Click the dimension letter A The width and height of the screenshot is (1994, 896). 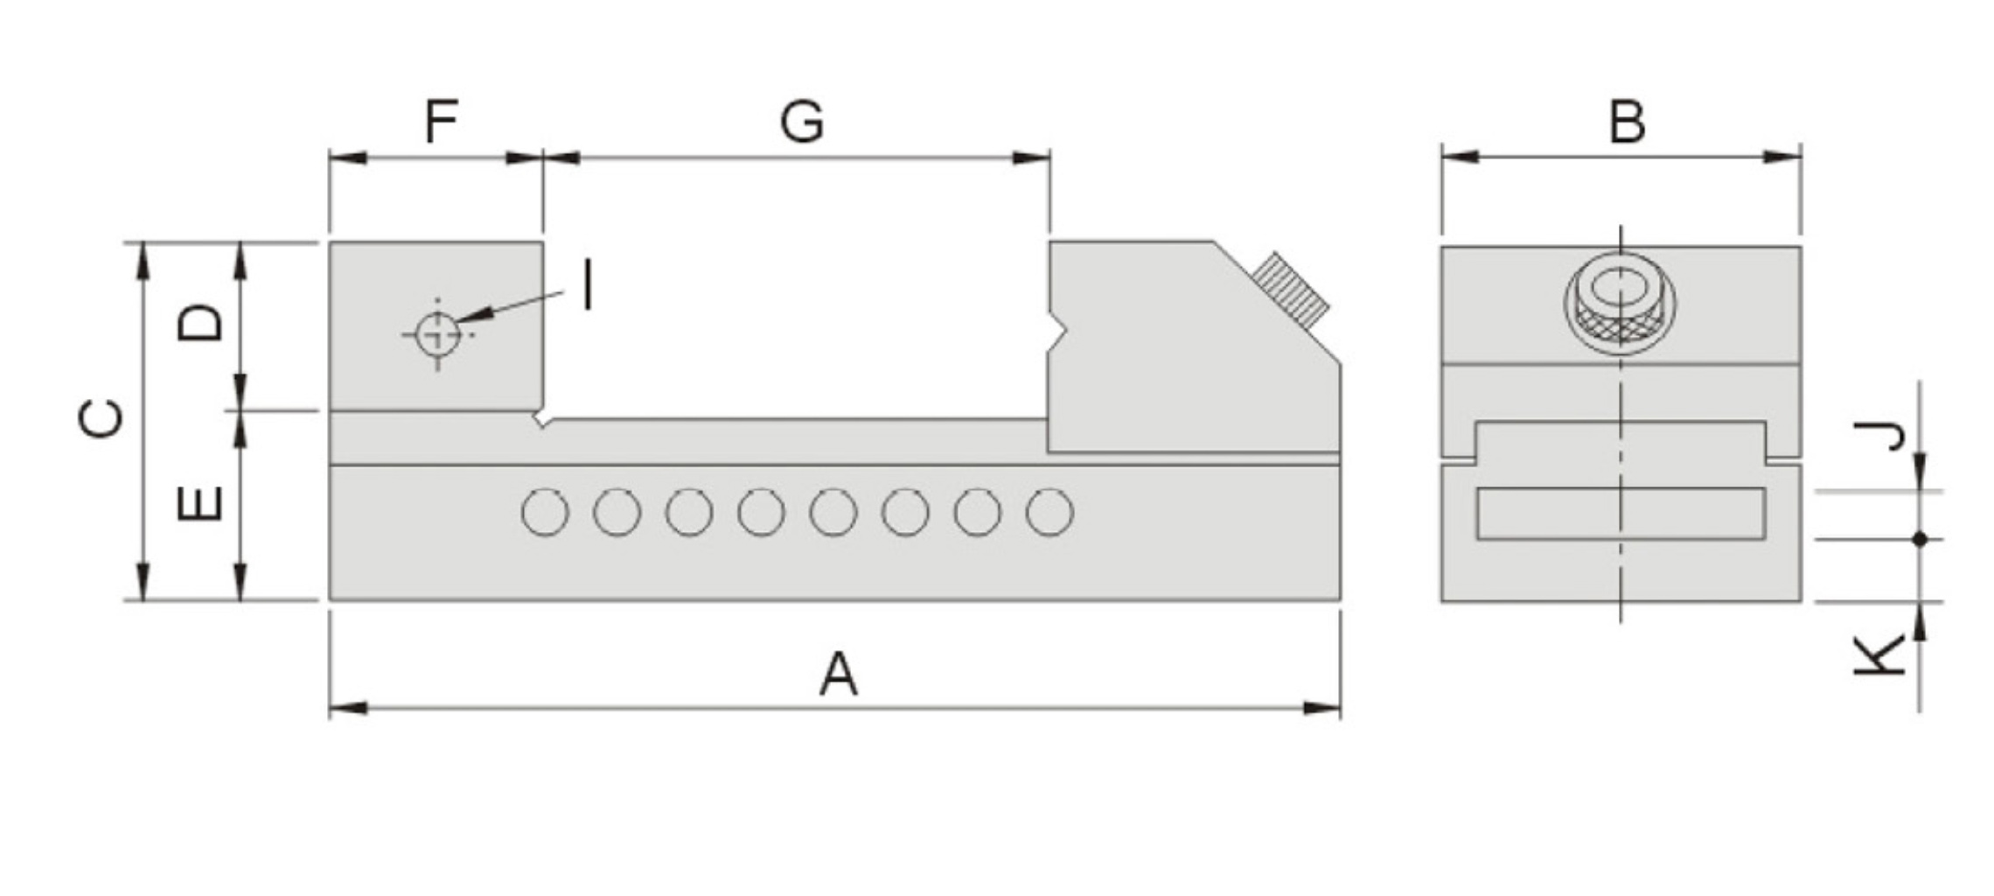pos(838,674)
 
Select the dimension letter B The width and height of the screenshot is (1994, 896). pos(1627,122)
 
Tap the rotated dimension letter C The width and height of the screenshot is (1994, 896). pos(101,418)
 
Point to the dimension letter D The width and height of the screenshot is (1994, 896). pos(200,322)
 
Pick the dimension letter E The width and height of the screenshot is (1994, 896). pos(200,503)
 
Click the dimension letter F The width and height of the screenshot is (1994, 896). pos(441,122)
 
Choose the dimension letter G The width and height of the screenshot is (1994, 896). pos(801,122)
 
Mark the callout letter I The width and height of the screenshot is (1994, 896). pos(589,285)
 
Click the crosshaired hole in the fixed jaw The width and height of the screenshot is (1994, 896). pos(437,334)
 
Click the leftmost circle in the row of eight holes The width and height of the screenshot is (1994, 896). pos(545,513)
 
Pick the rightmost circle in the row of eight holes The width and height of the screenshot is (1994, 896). pos(1049,513)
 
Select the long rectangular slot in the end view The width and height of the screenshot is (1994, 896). pos(1621,513)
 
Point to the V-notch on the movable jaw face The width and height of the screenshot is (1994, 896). pos(1058,332)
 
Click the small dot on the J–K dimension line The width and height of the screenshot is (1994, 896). pos(1920,539)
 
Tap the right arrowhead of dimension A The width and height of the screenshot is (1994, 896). pos(1322,707)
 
